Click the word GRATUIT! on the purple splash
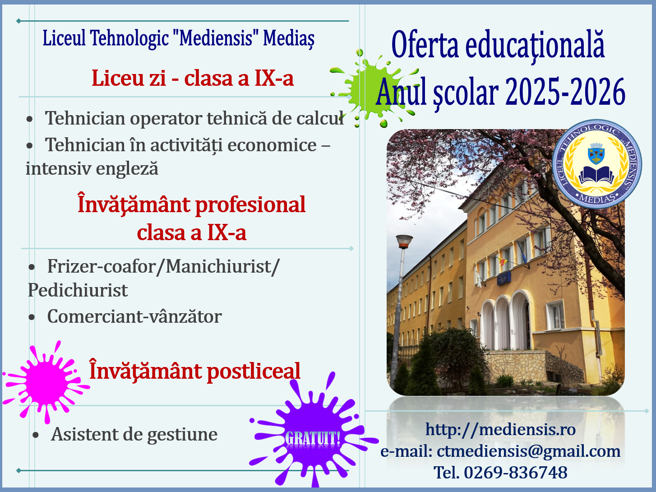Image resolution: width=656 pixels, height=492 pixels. tap(313, 438)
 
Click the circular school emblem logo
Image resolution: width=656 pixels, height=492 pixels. tap(597, 163)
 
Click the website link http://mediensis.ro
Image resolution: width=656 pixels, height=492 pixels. tap(501, 430)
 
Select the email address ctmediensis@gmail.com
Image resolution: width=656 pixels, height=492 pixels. tap(529, 451)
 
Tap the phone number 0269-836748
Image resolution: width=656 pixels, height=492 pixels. tap(516, 473)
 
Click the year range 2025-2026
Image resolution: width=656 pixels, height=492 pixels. tap(565, 92)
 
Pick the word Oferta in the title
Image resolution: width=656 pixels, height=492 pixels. tap(425, 45)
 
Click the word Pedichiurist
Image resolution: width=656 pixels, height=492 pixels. tap(78, 290)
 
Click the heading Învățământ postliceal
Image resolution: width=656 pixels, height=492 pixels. tap(194, 371)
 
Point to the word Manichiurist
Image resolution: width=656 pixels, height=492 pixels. tap(220, 266)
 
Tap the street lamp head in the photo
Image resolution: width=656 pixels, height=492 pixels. tap(404, 241)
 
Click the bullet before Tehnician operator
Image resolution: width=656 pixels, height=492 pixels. tap(29, 119)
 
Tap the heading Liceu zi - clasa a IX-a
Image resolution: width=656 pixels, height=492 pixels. tap(193, 78)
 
